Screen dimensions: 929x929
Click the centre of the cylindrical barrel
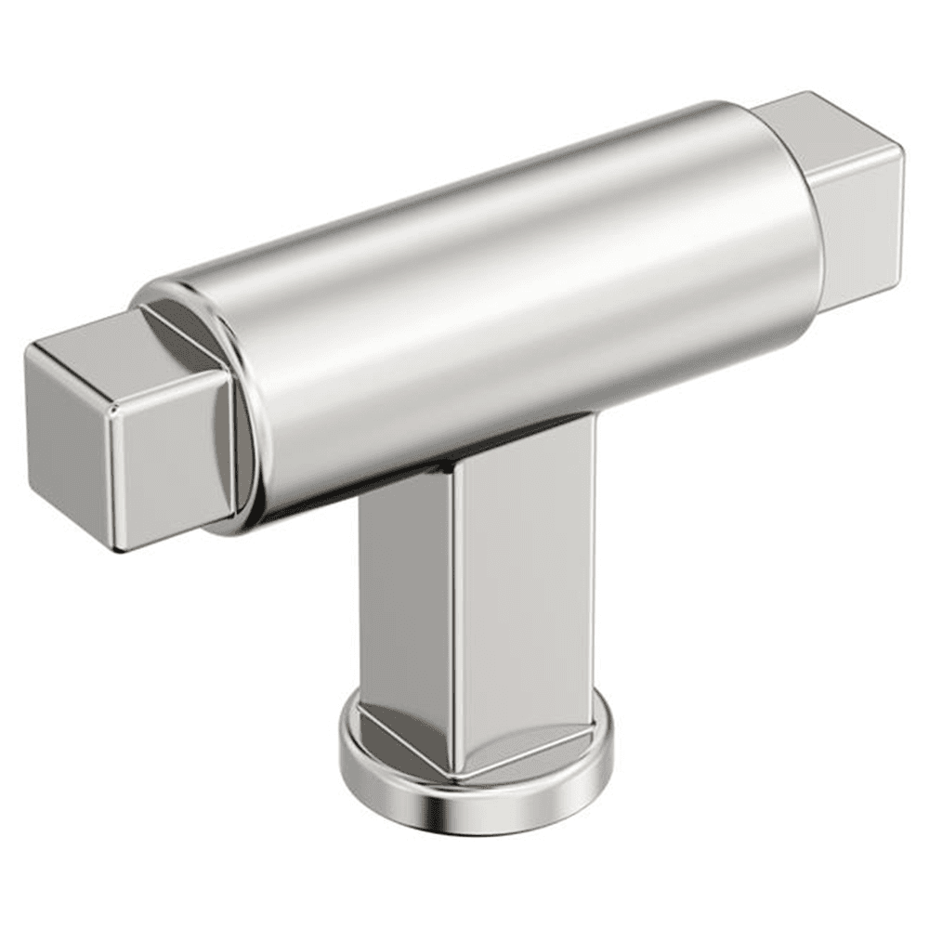click(502, 307)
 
